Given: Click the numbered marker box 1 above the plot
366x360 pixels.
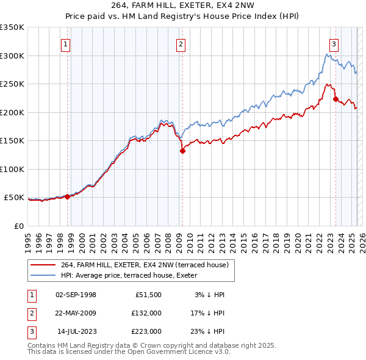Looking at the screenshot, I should tap(65, 43).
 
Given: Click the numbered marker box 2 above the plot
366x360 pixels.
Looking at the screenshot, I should tap(181, 43).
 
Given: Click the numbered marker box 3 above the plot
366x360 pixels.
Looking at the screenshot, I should tap(334, 43).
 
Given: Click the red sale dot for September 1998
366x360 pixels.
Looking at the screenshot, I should tap(67, 196).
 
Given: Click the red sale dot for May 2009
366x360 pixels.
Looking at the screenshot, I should tap(182, 151).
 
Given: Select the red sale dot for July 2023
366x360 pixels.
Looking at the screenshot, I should tap(335, 99).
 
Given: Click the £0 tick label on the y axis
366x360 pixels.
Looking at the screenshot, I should tap(18, 226).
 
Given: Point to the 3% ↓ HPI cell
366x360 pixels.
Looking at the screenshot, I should tap(209, 295).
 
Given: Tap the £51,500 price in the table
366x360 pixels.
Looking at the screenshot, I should tap(148, 295).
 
